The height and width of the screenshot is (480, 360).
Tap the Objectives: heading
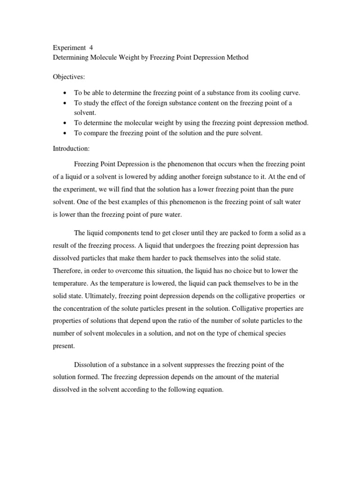click(67, 76)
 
